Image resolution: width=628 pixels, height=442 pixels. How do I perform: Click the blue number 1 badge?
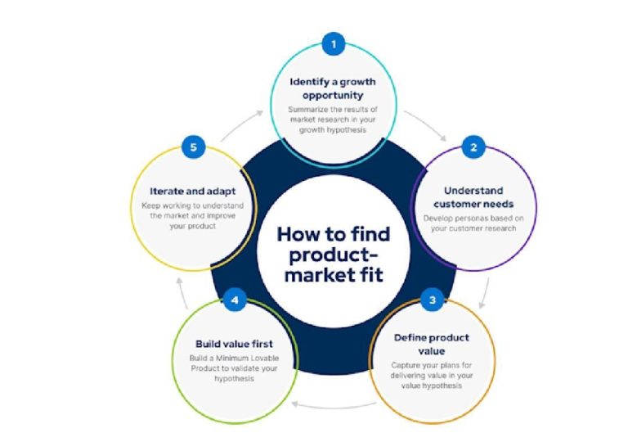tap(332, 44)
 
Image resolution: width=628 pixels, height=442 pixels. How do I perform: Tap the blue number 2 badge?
tap(473, 148)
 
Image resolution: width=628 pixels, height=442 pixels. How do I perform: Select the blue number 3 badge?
tap(433, 300)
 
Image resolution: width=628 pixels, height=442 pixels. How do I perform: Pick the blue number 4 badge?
tap(235, 300)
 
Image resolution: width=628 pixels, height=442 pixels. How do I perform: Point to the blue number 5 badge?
tap(193, 148)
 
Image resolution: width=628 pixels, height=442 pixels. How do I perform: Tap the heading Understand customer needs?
tap(462, 196)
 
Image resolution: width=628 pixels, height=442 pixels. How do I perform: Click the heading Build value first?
tap(234, 343)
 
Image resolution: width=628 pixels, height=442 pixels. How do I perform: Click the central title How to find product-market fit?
tap(332, 254)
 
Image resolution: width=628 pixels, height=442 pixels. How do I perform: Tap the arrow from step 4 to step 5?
tap(186, 289)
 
